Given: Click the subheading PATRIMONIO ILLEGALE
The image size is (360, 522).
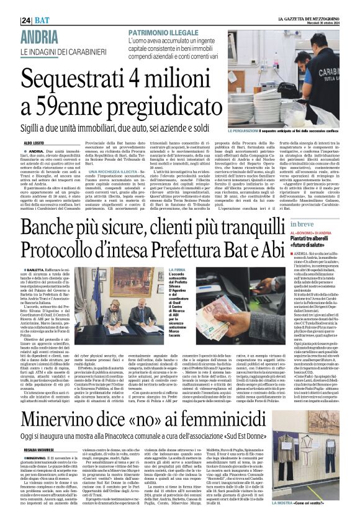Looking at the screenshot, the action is pyautogui.click(x=163, y=32).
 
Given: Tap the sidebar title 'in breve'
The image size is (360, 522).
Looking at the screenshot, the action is pyautogui.click(x=287, y=224).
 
